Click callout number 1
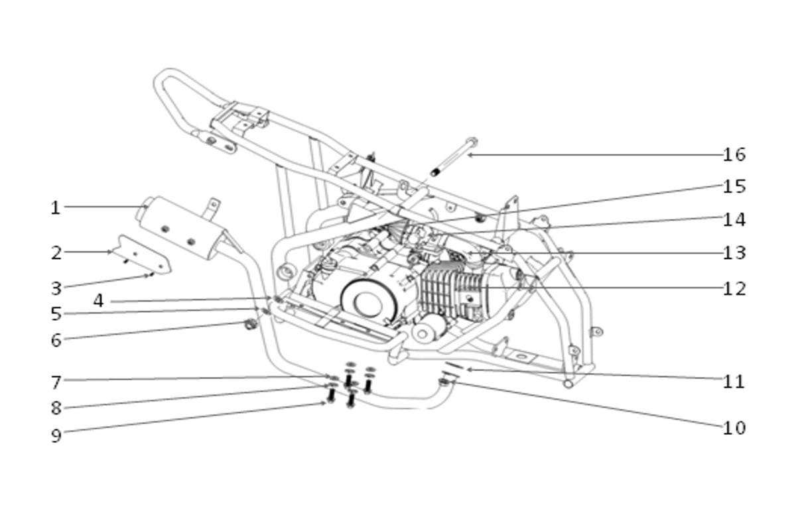coord(56,207)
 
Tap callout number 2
coord(56,253)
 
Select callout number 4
coord(98,301)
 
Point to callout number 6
coord(56,340)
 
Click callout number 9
coord(56,435)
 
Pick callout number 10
coord(734,428)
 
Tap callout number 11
coord(734,382)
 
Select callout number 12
coord(734,288)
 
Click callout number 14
coord(734,219)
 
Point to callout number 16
coord(734,154)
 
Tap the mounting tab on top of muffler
coord(212,207)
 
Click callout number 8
coord(56,408)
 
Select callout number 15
coord(734,186)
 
